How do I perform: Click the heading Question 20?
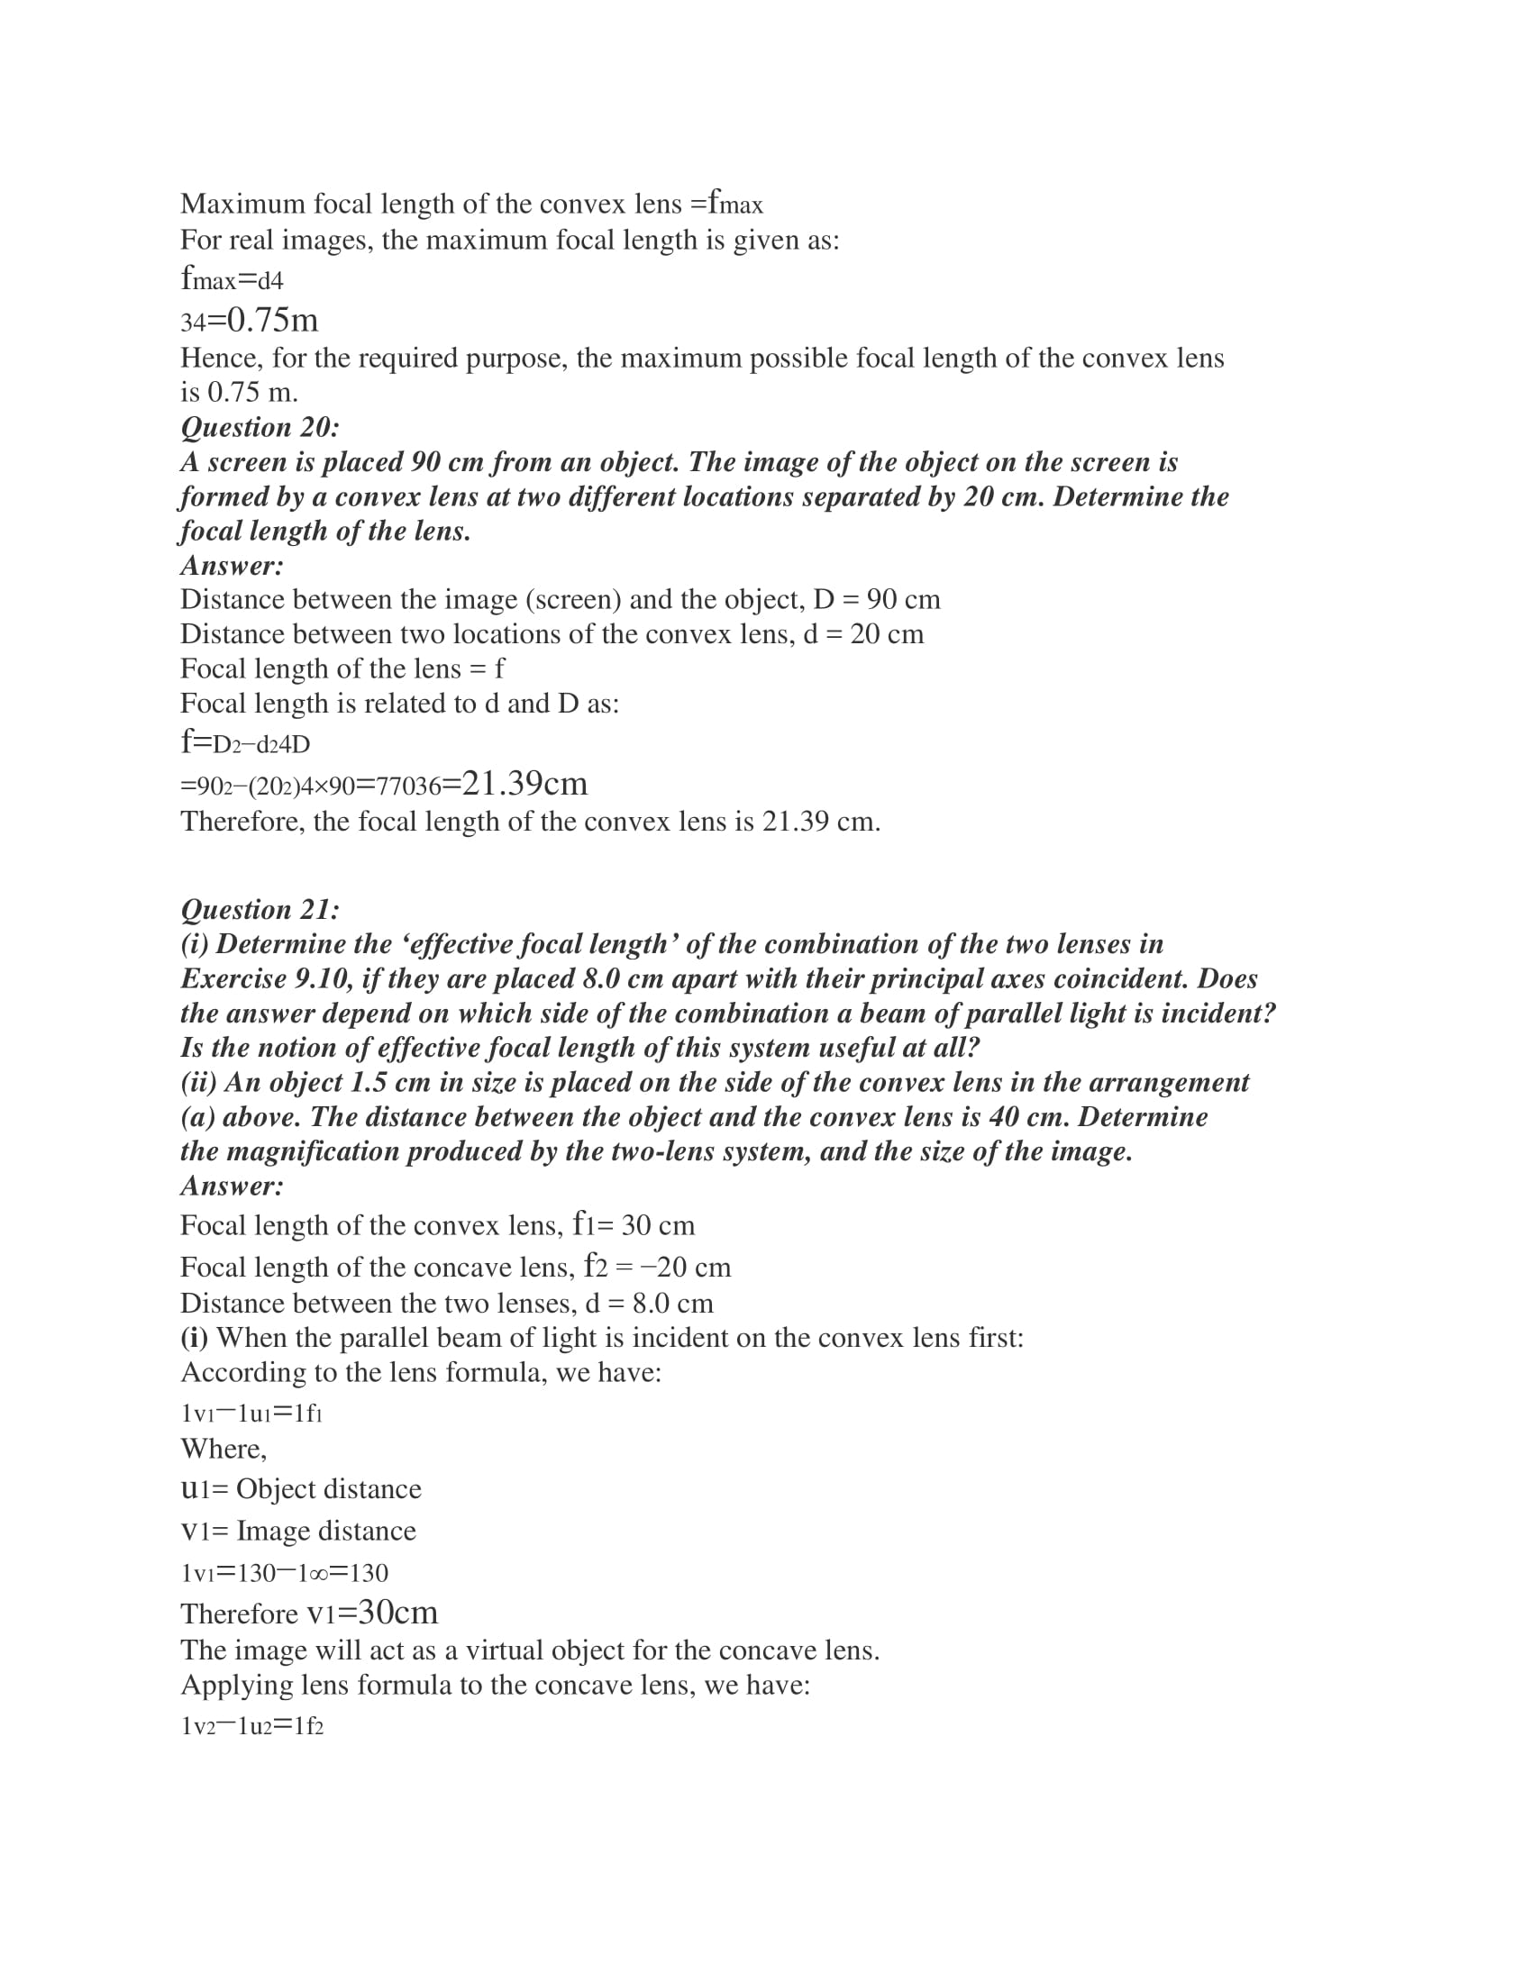(260, 427)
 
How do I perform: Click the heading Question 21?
(260, 909)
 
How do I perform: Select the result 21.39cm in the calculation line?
(524, 783)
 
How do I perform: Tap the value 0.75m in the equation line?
(272, 321)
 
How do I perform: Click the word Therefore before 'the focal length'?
(242, 823)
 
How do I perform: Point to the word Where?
(223, 1449)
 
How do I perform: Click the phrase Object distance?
(329, 1489)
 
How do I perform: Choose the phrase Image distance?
(326, 1531)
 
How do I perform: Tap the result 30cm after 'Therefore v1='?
(397, 1612)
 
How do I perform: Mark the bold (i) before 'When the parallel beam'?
(195, 1338)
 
